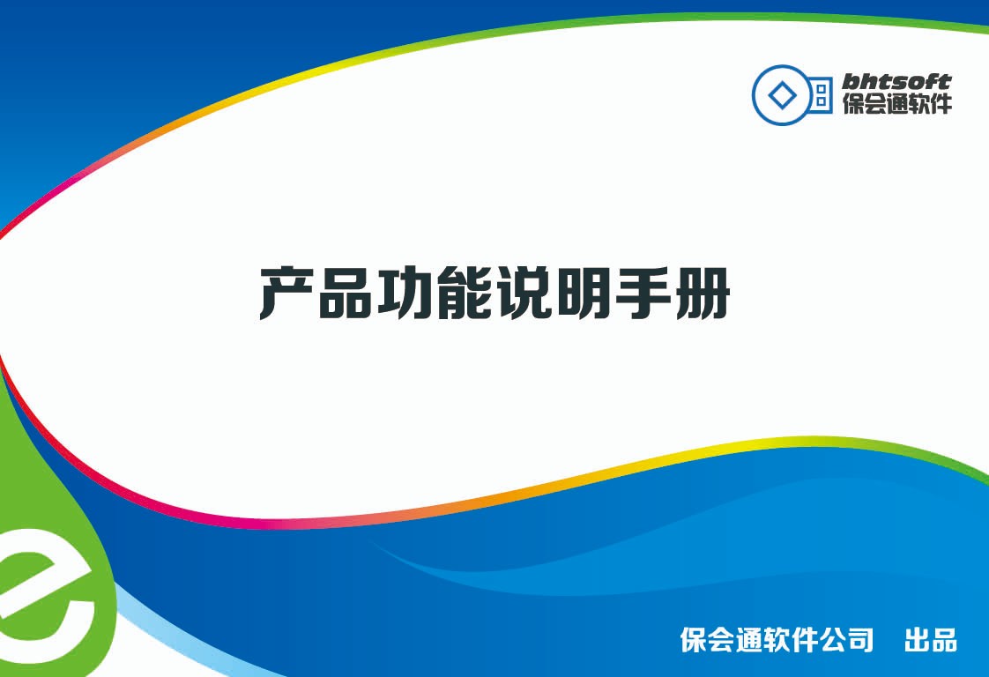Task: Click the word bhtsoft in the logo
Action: pos(896,82)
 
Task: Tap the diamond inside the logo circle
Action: pos(782,96)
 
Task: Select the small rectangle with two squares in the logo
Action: pos(820,95)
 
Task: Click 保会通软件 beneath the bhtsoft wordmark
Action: pos(897,103)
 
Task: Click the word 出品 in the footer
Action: pos(930,640)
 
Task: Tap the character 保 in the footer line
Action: pos(693,640)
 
